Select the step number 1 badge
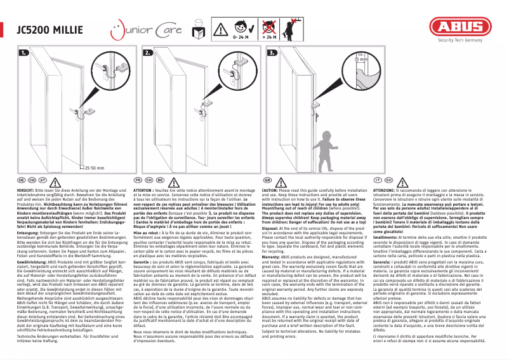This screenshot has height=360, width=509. click(25, 53)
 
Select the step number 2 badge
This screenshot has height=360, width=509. click(148, 53)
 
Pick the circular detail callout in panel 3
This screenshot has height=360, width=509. click(361, 71)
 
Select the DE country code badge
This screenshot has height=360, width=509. click(22, 180)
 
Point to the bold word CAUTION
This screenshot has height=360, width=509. click(271, 190)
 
